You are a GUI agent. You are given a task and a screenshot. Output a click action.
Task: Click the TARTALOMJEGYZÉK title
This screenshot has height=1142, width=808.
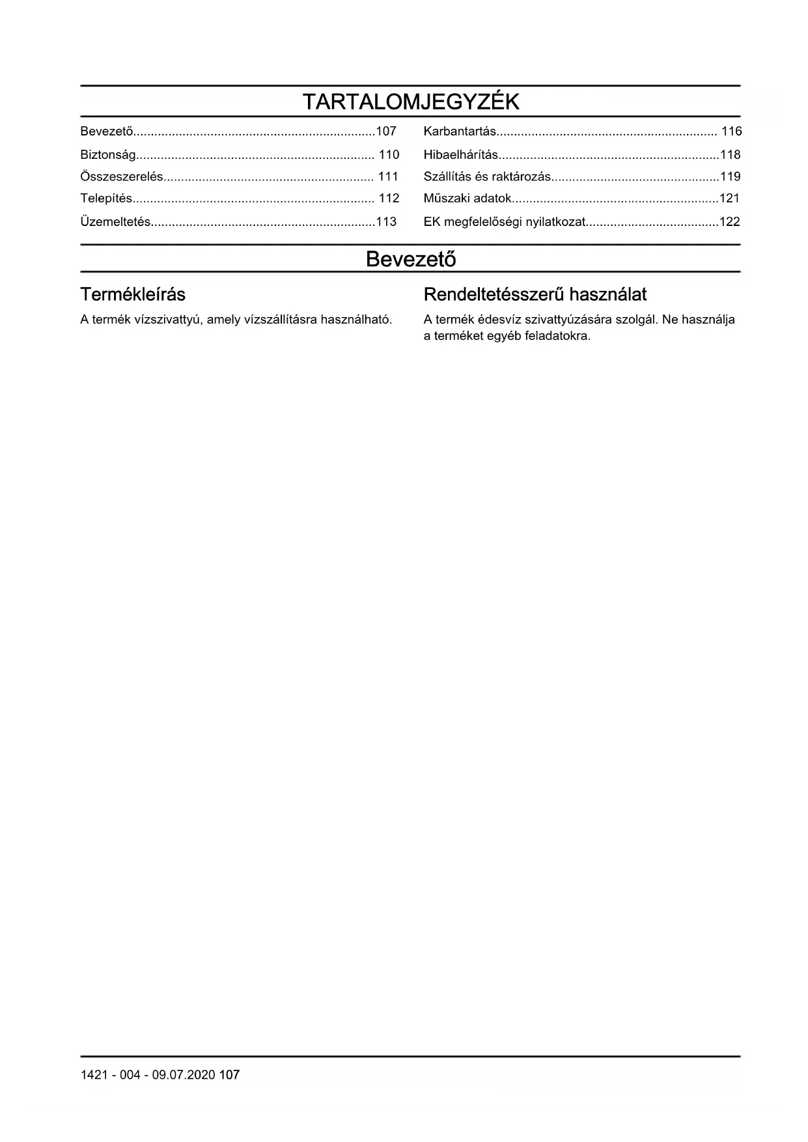pos(411,102)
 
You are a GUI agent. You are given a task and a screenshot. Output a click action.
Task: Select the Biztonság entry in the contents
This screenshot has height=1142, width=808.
pos(108,155)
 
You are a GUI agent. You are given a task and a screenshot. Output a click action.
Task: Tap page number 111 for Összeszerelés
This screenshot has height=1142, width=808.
pos(388,176)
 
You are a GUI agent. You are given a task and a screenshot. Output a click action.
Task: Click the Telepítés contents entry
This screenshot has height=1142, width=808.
pos(106,199)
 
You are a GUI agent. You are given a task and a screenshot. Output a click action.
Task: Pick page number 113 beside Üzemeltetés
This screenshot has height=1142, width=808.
pos(386,222)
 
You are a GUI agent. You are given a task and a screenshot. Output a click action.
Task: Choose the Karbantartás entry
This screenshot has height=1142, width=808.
pos(460,132)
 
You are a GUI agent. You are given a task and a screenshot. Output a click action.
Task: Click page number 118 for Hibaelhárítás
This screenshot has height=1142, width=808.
pos(731,155)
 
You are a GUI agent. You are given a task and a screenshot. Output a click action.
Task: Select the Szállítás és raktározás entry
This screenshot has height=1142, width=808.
pos(487,176)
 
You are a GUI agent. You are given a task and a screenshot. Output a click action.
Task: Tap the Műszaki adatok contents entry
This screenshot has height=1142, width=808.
pos(467,199)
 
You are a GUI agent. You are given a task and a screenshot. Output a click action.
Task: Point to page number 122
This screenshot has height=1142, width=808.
pos(730,222)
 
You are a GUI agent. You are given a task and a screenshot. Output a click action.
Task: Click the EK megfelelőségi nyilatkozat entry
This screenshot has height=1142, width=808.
pos(505,222)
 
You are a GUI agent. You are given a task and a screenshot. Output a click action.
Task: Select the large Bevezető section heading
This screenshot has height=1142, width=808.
pos(411,259)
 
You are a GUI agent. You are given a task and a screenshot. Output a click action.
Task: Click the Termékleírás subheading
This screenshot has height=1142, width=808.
pos(133,295)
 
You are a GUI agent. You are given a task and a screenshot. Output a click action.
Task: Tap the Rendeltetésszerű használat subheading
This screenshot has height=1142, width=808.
pos(535,295)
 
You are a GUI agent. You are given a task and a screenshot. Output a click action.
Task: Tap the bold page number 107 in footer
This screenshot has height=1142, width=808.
pos(229,1075)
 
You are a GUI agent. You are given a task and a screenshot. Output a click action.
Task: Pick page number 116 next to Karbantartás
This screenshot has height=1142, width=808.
pos(732,132)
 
